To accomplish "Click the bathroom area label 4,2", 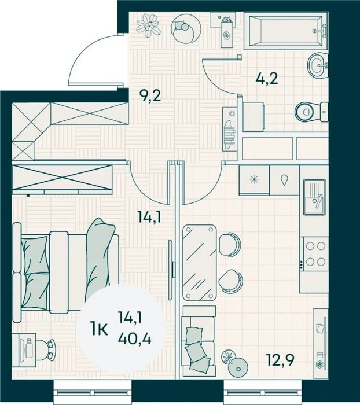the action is pos(267,79).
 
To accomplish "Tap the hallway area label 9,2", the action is pos(150,96).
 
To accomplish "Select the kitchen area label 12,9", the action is pos(280,360).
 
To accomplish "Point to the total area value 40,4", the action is pos(134,338).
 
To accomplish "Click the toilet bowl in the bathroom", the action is pos(311,112).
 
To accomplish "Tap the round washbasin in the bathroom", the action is pos(318,65).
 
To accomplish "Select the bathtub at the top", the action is pos(286,31).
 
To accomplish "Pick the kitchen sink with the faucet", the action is pos(314,197).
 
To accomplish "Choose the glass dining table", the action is pos(199,263).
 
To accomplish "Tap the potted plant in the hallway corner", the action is pos(148,25).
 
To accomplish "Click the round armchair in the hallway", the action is pos(186,29).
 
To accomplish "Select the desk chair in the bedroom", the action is pos(46,349).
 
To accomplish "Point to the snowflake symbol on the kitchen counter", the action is pos(254,180).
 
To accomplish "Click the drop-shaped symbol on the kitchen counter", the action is pos(284,180).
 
